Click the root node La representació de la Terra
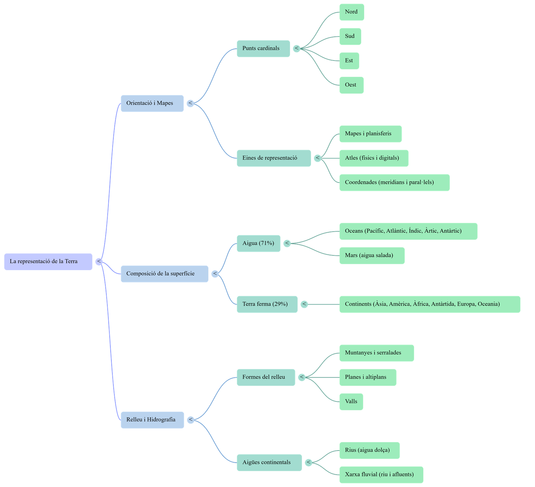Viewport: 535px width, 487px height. [48, 262]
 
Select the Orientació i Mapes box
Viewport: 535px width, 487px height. [152, 103]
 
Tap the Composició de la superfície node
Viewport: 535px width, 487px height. [165, 274]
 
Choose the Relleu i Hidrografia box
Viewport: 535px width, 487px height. [152, 420]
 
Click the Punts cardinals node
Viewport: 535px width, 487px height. [263, 48]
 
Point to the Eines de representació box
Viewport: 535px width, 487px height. [274, 158]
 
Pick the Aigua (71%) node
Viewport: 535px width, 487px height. [258, 243]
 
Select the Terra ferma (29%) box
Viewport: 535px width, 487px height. [267, 304]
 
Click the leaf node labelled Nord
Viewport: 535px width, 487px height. [351, 12]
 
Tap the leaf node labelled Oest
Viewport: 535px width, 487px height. [351, 85]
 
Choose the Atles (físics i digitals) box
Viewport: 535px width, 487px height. [373, 158]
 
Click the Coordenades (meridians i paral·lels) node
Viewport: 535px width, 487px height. [394, 182]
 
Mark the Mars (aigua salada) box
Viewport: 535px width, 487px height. [372, 255]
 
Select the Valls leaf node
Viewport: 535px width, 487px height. [351, 401]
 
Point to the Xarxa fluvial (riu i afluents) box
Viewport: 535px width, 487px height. [381, 474]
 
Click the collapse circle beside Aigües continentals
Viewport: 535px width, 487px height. [309, 463]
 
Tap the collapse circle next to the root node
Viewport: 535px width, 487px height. [99, 261]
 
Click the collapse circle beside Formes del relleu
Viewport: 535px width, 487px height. [302, 377]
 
